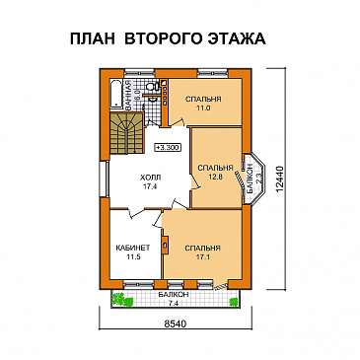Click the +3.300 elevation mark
pyautogui.click(x=168, y=146)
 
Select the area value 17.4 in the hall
pyautogui.click(x=151, y=185)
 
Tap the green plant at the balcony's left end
pyautogui.click(x=115, y=297)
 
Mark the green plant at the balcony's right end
pyautogui.click(x=235, y=297)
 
